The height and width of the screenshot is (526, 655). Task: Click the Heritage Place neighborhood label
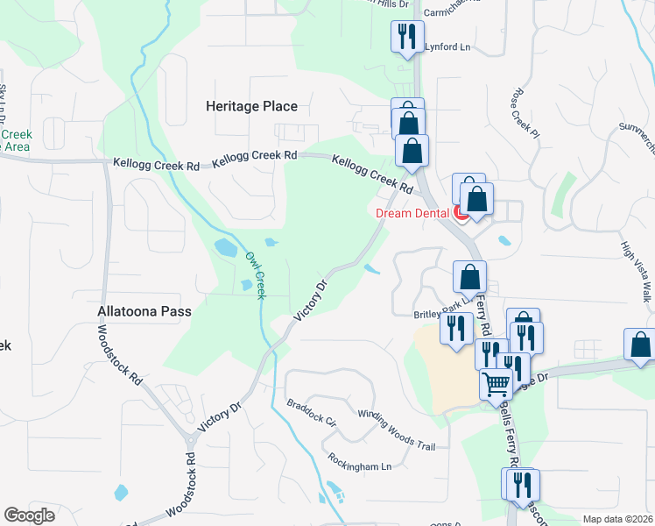(251, 106)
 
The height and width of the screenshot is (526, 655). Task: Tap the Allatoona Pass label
(144, 311)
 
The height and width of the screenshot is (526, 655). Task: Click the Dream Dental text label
(412, 212)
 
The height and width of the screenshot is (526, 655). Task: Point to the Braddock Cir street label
(312, 413)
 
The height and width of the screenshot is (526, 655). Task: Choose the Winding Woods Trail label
(397, 429)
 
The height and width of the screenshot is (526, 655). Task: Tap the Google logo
(29, 515)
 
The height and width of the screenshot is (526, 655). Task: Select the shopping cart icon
(496, 384)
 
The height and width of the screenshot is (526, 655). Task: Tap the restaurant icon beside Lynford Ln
(405, 37)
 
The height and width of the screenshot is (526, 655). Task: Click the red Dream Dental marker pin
(460, 211)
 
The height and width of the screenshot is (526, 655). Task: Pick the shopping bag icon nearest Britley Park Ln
(470, 276)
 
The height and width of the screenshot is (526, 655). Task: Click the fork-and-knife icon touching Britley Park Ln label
(456, 329)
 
